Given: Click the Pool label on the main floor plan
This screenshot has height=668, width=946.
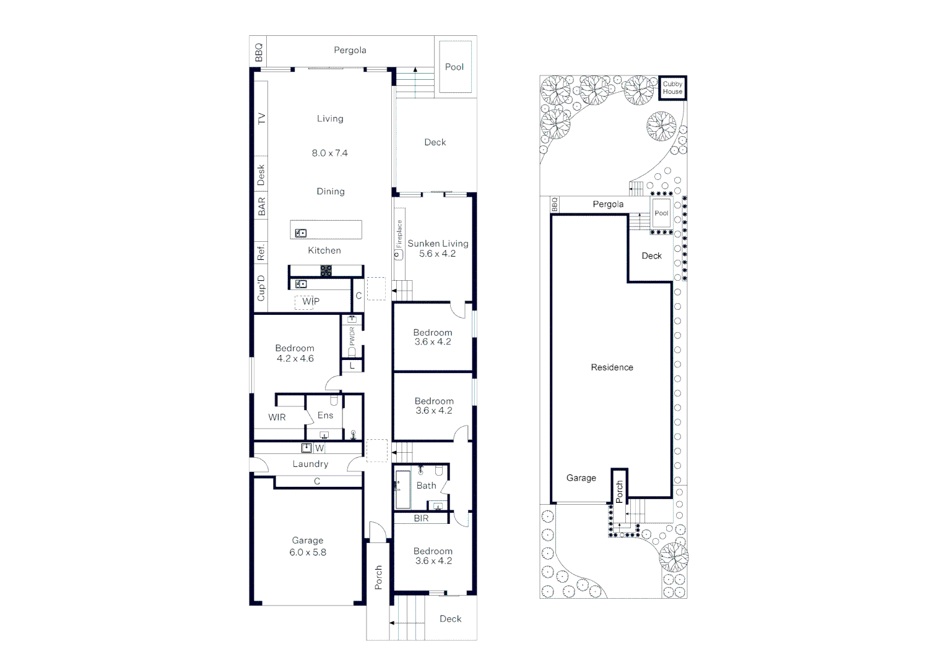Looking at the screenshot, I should click(454, 67).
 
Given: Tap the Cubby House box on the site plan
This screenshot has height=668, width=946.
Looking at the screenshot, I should click(672, 88).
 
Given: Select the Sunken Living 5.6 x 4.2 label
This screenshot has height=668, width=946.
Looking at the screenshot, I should click(438, 249).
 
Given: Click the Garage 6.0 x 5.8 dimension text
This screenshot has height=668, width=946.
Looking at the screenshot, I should click(308, 552).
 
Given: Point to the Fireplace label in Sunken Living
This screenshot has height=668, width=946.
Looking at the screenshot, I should click(399, 234).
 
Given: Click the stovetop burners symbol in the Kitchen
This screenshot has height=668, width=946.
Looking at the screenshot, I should click(326, 270).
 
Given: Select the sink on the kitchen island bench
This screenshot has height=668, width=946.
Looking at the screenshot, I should click(301, 233).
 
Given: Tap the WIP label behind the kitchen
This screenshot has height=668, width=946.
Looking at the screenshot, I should click(311, 301).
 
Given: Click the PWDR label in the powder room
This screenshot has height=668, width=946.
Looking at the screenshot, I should click(352, 336).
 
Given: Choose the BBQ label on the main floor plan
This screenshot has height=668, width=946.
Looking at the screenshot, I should click(259, 52).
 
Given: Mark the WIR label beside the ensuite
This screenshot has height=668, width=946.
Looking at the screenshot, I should click(277, 417).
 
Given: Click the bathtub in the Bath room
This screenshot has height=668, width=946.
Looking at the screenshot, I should click(402, 489).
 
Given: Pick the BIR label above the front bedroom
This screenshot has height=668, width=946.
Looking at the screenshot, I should click(421, 518).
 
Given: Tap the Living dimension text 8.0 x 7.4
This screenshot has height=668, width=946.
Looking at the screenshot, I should click(329, 153).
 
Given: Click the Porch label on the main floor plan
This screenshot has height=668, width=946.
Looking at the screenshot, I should click(378, 577).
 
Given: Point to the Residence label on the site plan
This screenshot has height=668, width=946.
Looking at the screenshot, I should click(612, 367).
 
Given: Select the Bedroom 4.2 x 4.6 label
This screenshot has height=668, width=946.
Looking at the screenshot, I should click(295, 353).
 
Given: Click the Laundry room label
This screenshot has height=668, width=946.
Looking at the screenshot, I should click(310, 464).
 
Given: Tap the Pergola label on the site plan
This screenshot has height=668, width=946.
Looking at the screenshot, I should click(608, 204).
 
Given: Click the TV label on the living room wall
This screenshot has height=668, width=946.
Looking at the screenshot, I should click(261, 118).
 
